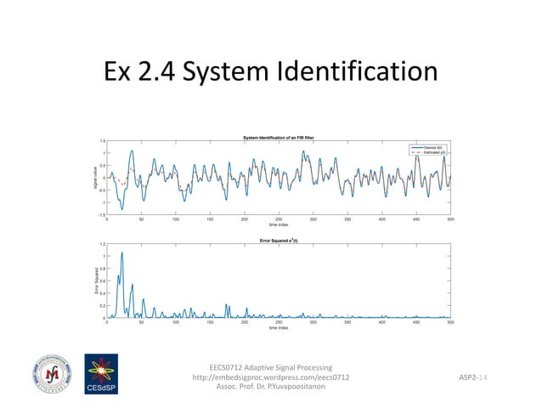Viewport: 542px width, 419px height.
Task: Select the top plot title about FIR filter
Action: click(279, 138)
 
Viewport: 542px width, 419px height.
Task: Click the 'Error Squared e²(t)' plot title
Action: click(279, 241)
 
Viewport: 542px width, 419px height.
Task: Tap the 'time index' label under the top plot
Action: click(279, 225)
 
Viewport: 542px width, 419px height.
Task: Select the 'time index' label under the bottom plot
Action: click(279, 327)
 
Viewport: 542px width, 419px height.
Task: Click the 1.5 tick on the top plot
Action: click(102, 142)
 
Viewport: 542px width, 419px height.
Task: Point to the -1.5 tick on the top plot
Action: click(101, 216)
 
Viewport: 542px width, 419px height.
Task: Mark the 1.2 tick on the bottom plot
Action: click(102, 245)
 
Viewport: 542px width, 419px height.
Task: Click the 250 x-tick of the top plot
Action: click(279, 220)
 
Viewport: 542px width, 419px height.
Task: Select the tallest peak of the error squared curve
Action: click(121, 253)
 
